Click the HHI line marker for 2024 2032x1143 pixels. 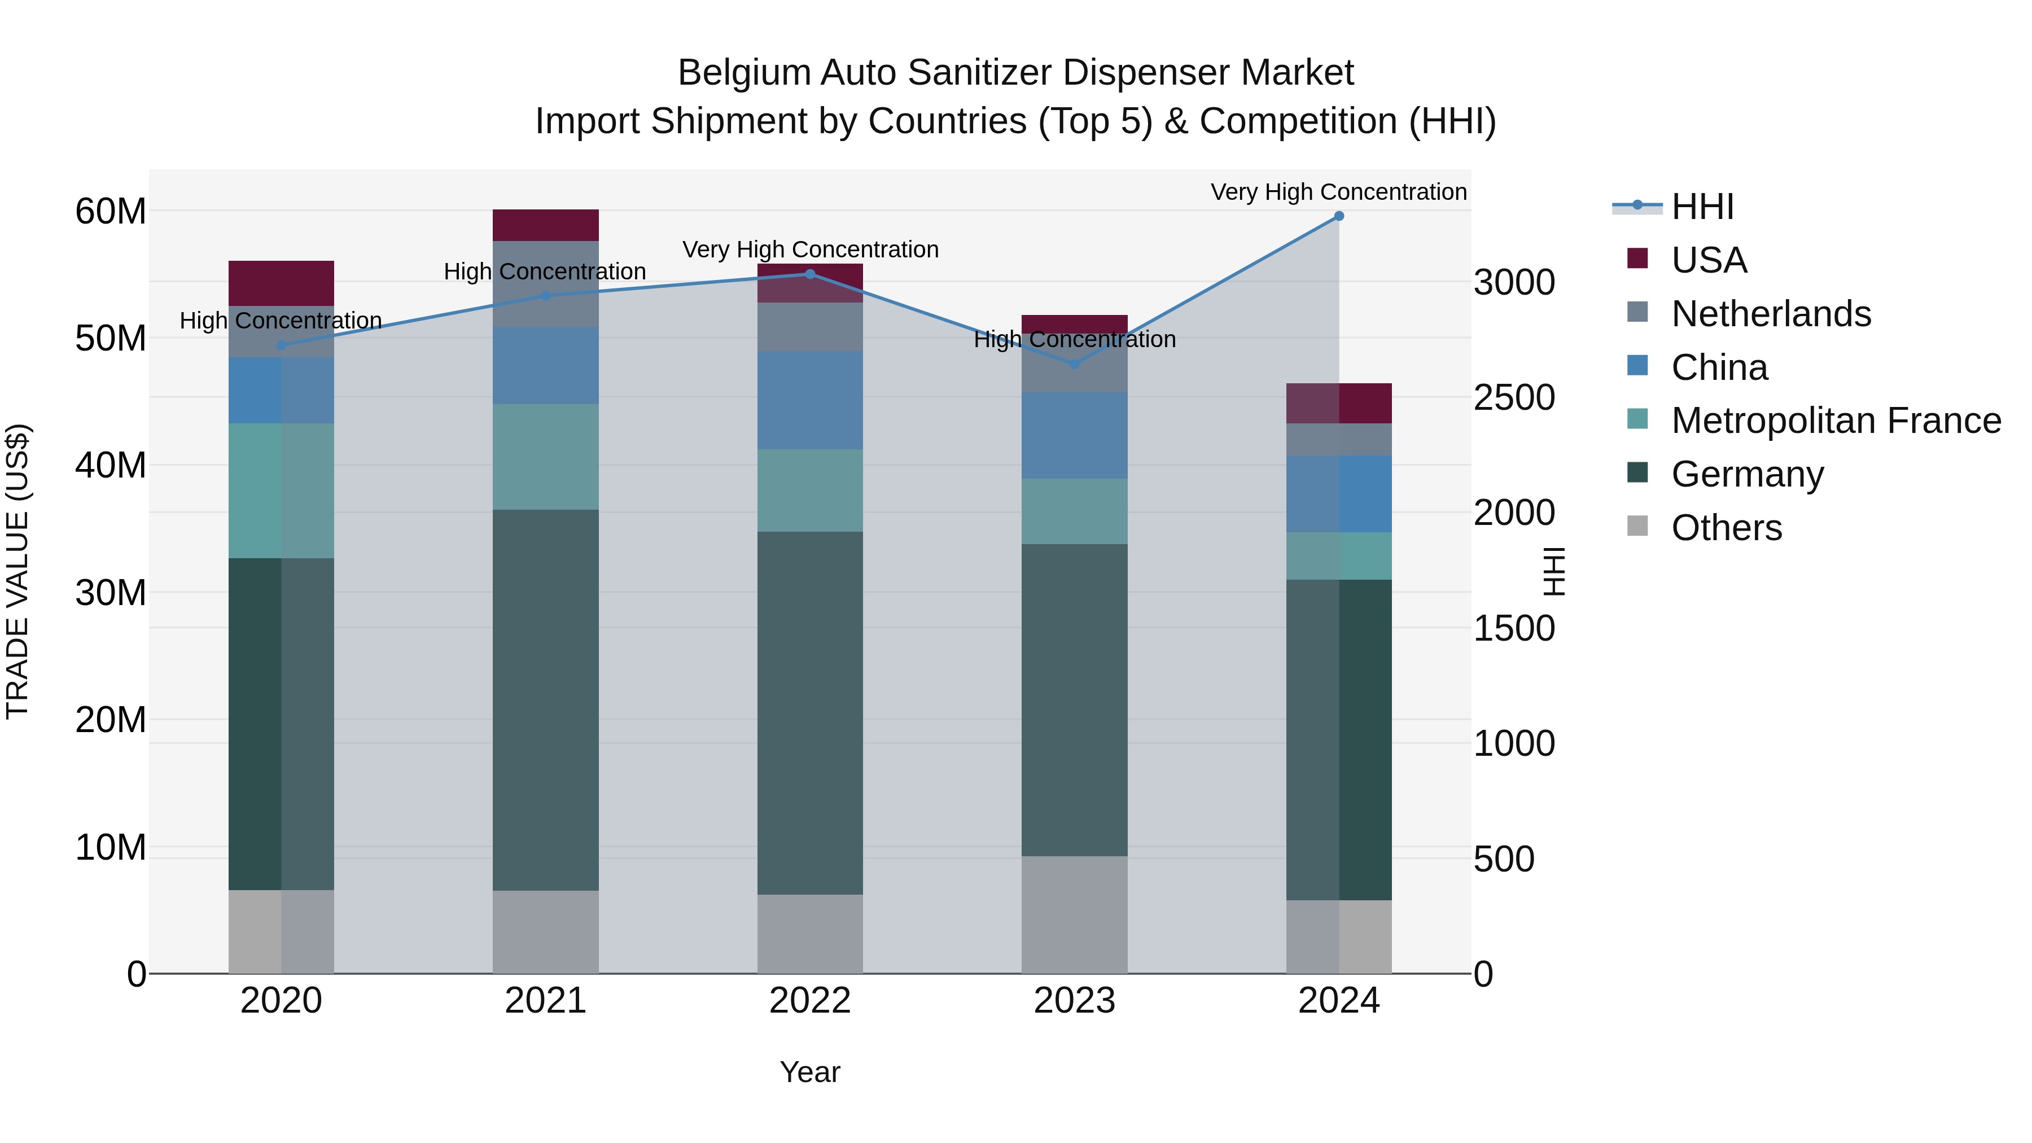[x=1339, y=216]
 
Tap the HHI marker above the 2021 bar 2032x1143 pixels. [x=546, y=296]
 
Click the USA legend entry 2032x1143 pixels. [x=1709, y=260]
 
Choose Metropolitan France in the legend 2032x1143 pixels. [x=1836, y=421]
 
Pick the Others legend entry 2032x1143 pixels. [x=1726, y=528]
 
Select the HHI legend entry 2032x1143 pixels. [x=1702, y=207]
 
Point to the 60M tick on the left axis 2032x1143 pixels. [x=111, y=212]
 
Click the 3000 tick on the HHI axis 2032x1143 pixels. [x=1514, y=282]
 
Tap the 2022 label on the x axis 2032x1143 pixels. [x=810, y=1001]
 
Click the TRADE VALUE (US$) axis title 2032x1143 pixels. [x=17, y=571]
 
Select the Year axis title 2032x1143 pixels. [x=810, y=1072]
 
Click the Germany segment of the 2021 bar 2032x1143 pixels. [x=546, y=700]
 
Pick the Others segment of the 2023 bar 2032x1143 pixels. [x=1074, y=914]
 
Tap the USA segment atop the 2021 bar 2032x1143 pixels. [x=546, y=225]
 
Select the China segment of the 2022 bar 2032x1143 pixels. [x=810, y=400]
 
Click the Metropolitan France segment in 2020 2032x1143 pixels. [x=282, y=491]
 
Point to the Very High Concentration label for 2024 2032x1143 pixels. [x=1339, y=192]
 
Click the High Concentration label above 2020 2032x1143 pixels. [x=281, y=320]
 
